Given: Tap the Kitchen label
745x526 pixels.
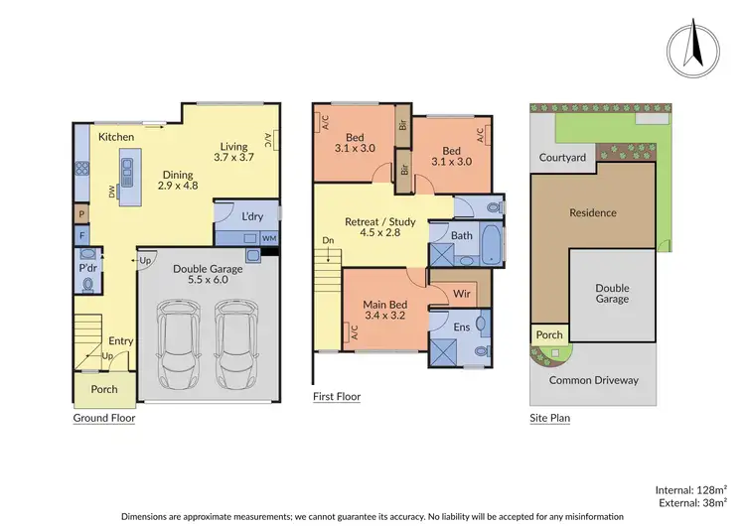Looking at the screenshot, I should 115,136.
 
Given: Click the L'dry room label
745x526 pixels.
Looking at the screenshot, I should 251,215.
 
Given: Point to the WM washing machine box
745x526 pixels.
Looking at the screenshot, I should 269,238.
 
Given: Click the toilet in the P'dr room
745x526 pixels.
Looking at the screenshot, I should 88,284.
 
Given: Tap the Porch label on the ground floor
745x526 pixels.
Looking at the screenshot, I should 103,389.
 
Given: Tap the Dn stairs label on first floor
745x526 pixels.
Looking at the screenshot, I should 328,240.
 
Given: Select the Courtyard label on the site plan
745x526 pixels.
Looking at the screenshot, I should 562,157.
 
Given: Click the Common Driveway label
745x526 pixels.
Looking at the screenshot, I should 594,380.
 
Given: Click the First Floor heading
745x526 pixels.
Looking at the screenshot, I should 337,396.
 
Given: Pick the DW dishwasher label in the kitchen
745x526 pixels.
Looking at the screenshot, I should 112,191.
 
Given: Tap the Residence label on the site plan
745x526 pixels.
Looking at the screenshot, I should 593,212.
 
